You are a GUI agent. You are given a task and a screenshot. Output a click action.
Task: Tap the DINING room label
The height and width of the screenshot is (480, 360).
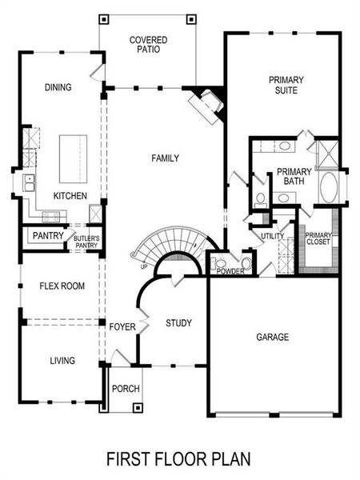pyautogui.click(x=58, y=88)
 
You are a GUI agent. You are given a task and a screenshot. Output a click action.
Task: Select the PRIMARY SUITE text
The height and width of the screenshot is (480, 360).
pyautogui.click(x=283, y=85)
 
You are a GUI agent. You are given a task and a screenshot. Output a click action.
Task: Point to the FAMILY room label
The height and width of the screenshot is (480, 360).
pyautogui.click(x=165, y=158)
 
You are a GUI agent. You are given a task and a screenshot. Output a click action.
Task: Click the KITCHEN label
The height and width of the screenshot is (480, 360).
pyautogui.click(x=70, y=196)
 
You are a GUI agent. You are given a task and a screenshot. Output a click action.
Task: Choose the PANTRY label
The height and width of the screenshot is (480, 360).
pyautogui.click(x=47, y=237)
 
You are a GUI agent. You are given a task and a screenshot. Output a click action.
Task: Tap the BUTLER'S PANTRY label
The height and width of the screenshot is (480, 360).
pyautogui.click(x=86, y=241)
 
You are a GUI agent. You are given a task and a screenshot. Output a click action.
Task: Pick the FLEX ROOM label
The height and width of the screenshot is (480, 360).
pyautogui.click(x=62, y=286)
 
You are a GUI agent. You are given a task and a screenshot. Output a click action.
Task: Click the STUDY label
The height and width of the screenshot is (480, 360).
pyautogui.click(x=178, y=323)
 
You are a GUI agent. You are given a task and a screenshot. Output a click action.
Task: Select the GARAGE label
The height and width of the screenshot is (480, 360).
pyautogui.click(x=273, y=337)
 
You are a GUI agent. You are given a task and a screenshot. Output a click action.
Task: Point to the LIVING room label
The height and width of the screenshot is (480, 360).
pyautogui.click(x=62, y=361)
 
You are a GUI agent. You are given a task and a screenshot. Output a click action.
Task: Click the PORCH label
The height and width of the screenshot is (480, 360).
pyautogui.click(x=126, y=389)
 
